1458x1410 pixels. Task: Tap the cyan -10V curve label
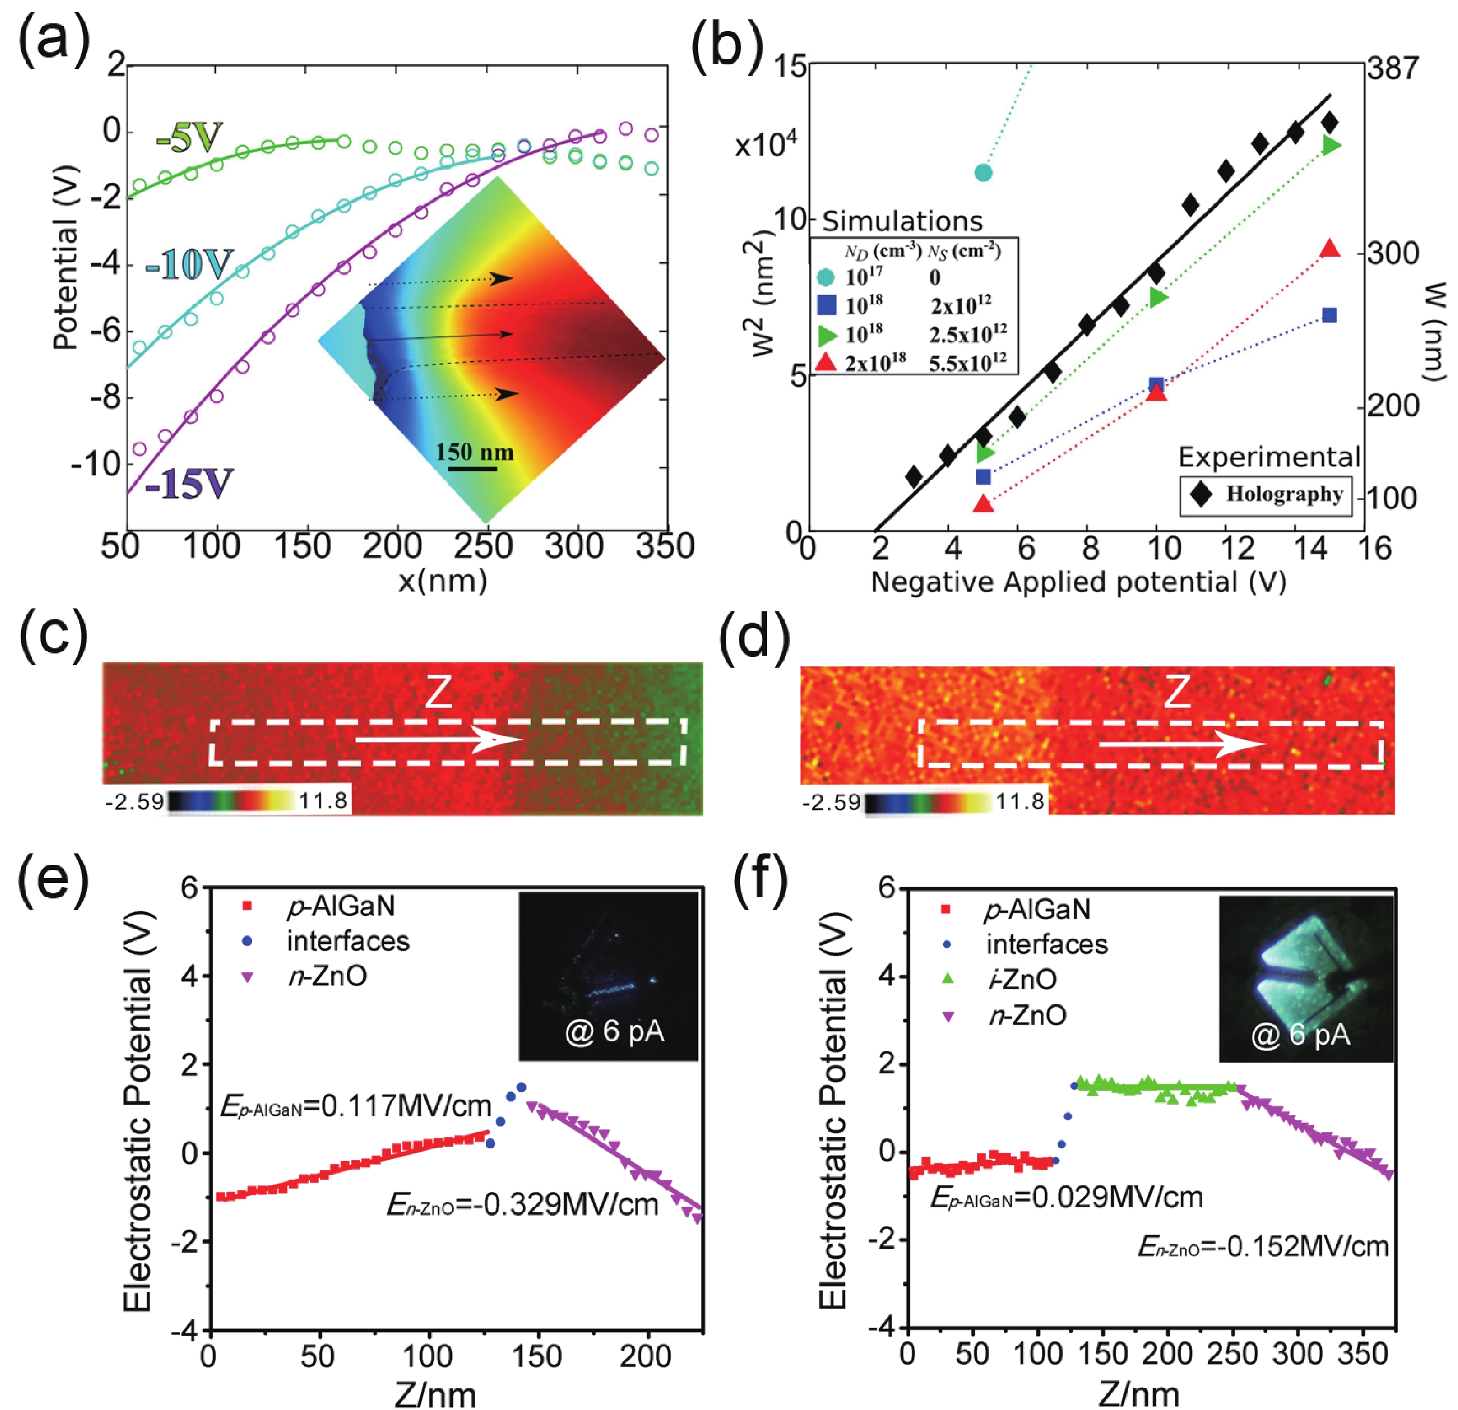pos(189,265)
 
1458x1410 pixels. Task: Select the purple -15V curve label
pos(189,484)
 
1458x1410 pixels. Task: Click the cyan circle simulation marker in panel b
pos(983,173)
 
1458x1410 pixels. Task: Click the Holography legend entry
pos(1265,494)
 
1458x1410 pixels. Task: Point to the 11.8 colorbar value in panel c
pos(323,800)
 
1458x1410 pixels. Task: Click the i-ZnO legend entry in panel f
pos(1023,979)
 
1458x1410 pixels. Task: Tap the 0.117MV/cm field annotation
pos(356,1106)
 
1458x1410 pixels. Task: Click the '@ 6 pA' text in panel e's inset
pos(614,1032)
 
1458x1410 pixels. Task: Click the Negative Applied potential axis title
pos(1078,582)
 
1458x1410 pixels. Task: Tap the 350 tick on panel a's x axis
pos(665,546)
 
